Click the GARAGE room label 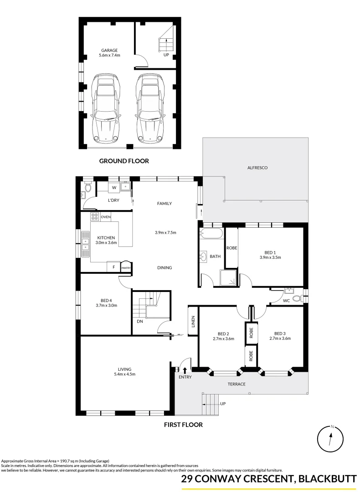108,51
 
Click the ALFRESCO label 257,168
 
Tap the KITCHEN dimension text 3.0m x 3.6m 106,243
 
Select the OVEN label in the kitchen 106,217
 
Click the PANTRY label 126,268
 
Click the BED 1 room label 270,252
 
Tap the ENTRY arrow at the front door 185,369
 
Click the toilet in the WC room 297,299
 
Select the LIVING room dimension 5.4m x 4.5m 124,374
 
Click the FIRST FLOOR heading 183,425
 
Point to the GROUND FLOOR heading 124,161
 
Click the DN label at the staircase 139,321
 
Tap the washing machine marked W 114,187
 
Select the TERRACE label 237,384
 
